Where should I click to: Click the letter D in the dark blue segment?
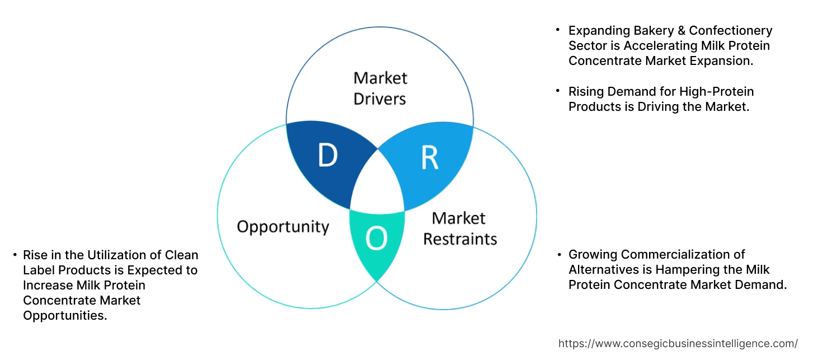pos(328,156)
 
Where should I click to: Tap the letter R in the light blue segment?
pos(429,158)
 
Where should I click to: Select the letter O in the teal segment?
pos(376,240)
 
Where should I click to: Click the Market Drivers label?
pos(380,88)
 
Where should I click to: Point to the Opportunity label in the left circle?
pos(283,227)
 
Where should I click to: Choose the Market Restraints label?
pos(459,228)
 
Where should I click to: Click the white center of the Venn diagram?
pos(378,185)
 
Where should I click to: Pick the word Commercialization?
pos(678,255)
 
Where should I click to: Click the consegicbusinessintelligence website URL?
pos(678,344)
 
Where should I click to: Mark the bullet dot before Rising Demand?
pos(558,91)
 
